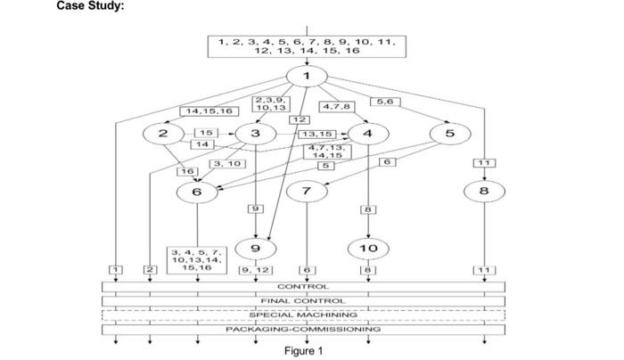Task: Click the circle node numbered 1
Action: tap(307, 76)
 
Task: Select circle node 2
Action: tap(163, 134)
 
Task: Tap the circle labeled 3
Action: tap(256, 134)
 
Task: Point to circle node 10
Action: tap(367, 247)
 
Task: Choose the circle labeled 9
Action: tap(256, 247)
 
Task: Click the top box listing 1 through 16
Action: tap(307, 45)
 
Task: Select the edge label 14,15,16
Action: tap(206, 111)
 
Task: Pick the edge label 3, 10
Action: tap(226, 164)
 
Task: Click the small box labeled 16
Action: tap(187, 170)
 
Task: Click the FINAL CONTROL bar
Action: tap(303, 300)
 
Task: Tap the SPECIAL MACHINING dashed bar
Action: tap(303, 315)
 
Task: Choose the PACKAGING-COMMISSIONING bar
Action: tap(303, 329)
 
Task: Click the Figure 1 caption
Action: tap(303, 350)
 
